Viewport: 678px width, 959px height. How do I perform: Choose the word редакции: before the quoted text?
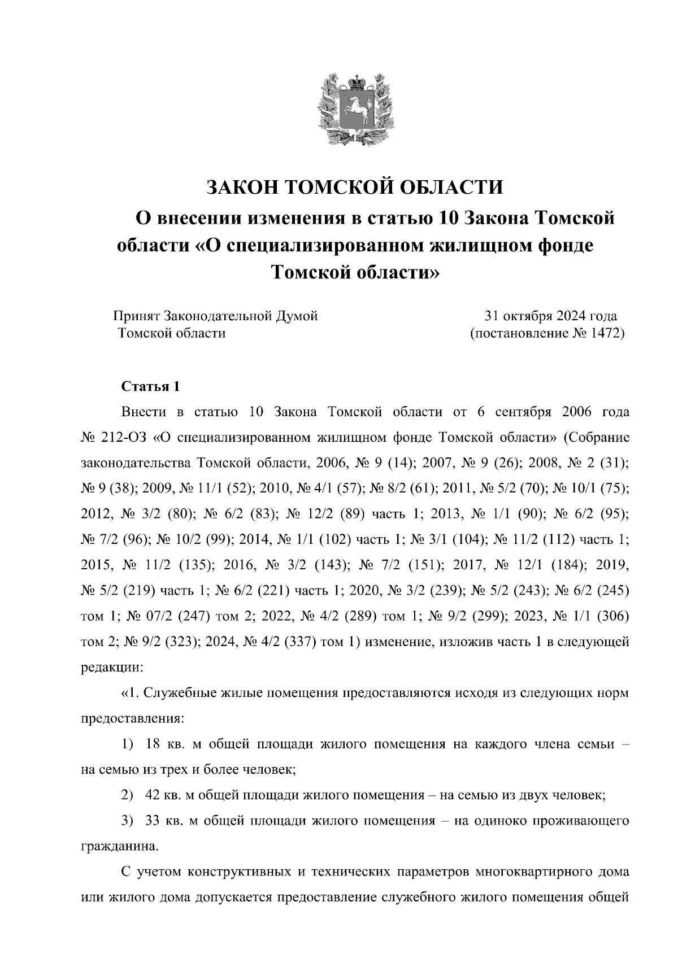click(113, 667)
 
